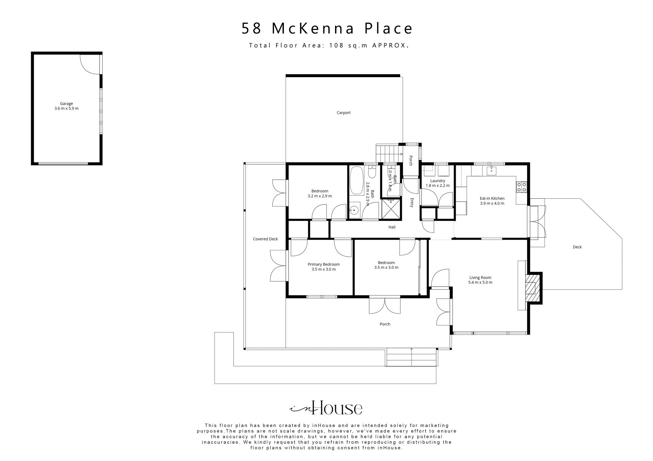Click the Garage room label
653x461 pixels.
coord(66,104)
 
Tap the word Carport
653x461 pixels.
coord(344,113)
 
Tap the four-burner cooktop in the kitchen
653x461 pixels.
coord(521,187)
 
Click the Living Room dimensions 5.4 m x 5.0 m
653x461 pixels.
coord(480,282)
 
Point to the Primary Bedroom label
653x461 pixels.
coord(323,264)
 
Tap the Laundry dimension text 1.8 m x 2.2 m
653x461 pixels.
coord(437,185)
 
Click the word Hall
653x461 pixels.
coord(392,227)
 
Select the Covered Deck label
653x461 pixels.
coord(265,239)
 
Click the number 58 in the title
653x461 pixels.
coord(252,29)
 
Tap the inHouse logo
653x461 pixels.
coord(326,408)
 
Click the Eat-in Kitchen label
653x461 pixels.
coord(492,198)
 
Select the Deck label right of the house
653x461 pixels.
coord(577,247)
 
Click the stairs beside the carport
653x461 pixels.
coord(387,153)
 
